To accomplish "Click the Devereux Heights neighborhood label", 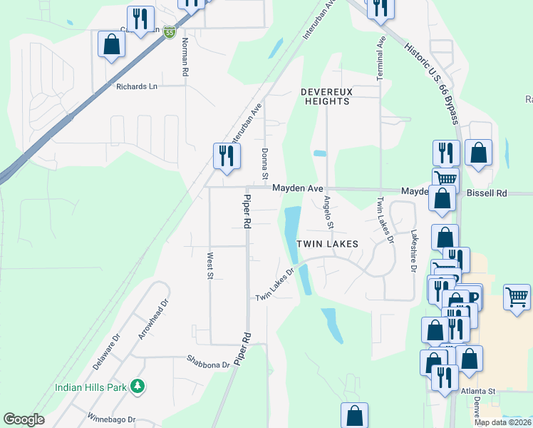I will point(325,96).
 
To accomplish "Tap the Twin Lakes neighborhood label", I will point(326,244).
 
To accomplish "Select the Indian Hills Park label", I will point(91,387).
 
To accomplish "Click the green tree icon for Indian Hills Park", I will point(138,387).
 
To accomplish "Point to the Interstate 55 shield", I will point(169,32).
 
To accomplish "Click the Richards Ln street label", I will point(136,86).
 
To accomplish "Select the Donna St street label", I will point(264,163).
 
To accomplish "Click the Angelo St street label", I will point(328,213).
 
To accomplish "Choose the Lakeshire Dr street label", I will point(413,250).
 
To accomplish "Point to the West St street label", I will point(210,264).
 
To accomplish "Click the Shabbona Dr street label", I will point(208,363).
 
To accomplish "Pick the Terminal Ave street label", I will point(381,60).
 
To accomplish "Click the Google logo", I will point(24,419).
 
